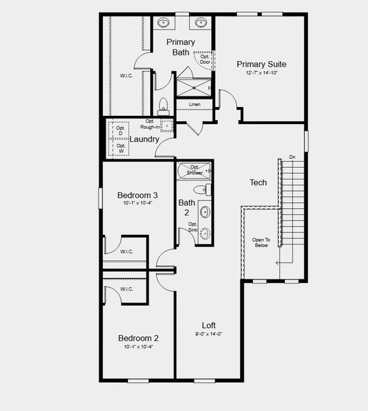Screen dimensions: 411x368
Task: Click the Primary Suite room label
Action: pos(261,64)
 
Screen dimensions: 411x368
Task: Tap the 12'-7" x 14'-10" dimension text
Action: pos(261,73)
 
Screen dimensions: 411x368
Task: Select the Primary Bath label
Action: pos(180,47)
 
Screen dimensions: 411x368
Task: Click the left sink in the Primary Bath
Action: pos(164,23)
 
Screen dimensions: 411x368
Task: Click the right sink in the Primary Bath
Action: pos(200,23)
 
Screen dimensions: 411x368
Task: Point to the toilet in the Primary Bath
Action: pos(163,106)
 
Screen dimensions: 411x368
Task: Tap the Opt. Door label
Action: pos(205,59)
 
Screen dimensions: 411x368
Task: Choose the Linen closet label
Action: pos(195,104)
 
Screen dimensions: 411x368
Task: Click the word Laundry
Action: pos(145,139)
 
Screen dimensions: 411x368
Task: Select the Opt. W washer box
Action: pos(121,149)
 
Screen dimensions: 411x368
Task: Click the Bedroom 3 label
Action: pos(138,195)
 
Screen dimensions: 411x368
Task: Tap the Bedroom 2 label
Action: pos(138,338)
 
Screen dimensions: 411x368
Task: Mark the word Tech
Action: pos(258,182)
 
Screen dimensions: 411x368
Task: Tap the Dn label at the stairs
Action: pos(293,157)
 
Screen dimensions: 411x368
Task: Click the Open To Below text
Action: pos(260,242)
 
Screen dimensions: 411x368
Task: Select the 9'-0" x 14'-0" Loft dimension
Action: pos(208,334)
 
